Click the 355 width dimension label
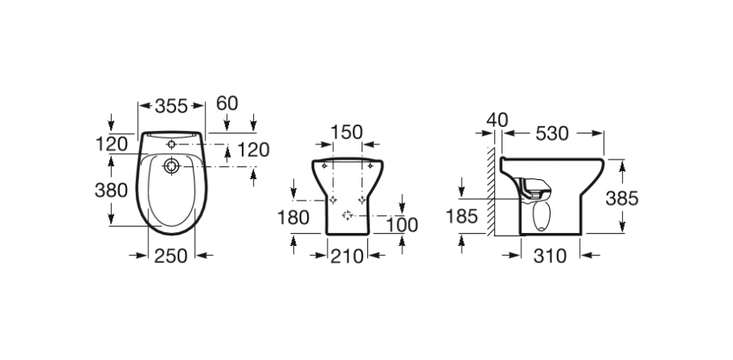[171, 106]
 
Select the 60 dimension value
[227, 103]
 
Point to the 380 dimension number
[112, 191]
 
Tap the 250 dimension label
[171, 256]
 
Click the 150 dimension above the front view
[346, 132]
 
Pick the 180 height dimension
[293, 217]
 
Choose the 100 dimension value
[402, 225]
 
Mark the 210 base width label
[347, 256]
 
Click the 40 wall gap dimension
[497, 121]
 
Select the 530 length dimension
[552, 134]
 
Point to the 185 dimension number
[462, 216]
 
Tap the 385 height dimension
[621, 199]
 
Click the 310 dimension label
[550, 256]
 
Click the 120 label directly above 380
[112, 144]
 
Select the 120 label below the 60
[254, 150]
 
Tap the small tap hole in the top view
[172, 144]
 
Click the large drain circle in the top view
[172, 166]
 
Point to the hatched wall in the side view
[490, 191]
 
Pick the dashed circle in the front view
[347, 215]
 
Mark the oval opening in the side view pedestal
[542, 216]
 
